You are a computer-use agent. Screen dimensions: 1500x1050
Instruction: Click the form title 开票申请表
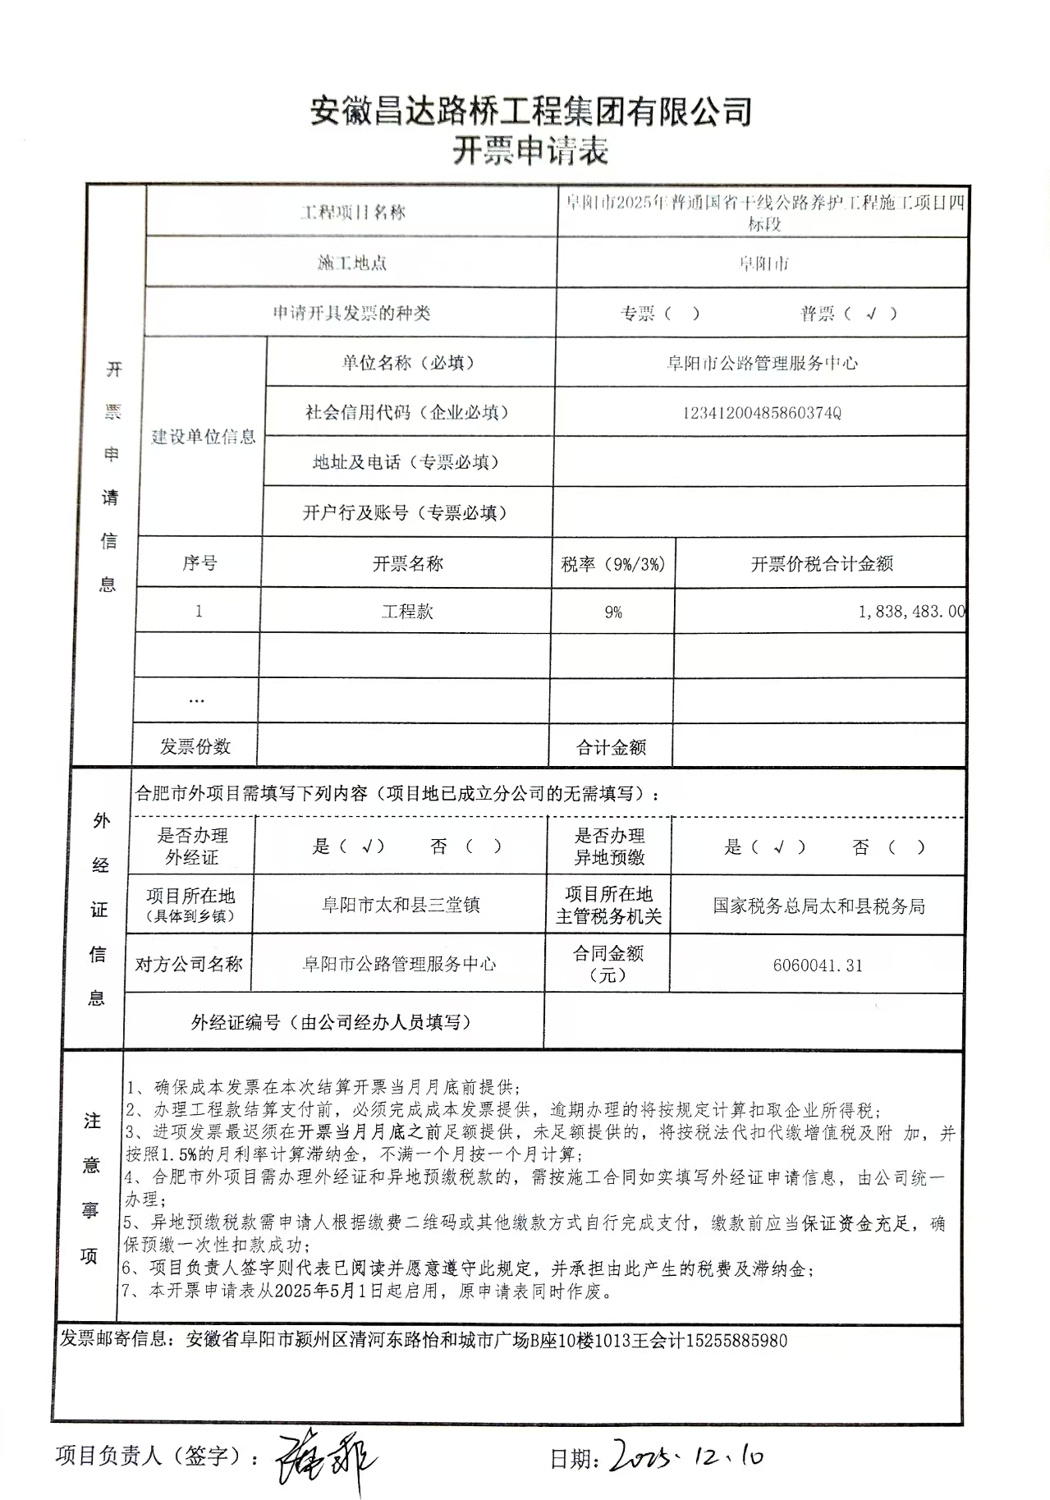[x=530, y=151]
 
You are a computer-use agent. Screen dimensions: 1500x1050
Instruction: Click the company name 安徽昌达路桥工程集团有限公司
[x=531, y=111]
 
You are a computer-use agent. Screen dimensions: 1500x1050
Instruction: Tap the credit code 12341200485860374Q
[x=761, y=413]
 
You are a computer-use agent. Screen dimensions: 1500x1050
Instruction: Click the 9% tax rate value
[x=612, y=612]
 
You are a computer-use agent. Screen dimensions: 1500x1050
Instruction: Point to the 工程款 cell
[x=406, y=612]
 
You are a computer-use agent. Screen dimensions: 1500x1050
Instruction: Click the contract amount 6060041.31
[x=818, y=966]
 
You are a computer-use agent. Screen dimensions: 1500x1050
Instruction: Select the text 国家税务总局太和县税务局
[x=818, y=906]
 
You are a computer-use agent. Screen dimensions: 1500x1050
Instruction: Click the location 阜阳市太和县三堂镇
[x=400, y=906]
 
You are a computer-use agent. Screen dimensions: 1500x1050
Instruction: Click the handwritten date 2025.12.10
[x=686, y=1456]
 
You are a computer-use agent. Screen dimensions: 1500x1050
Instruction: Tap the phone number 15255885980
[x=736, y=1342]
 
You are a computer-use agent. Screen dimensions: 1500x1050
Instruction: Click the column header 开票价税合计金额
[x=821, y=564]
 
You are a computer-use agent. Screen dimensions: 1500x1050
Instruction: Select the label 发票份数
[x=195, y=746]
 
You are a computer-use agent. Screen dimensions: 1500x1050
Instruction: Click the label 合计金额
[x=611, y=747]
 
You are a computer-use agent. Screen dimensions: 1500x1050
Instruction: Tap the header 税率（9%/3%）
[x=612, y=564]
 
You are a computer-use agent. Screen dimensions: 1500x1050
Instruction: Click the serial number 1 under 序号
[x=199, y=612]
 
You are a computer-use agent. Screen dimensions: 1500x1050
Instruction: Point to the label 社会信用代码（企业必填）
[x=406, y=413]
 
